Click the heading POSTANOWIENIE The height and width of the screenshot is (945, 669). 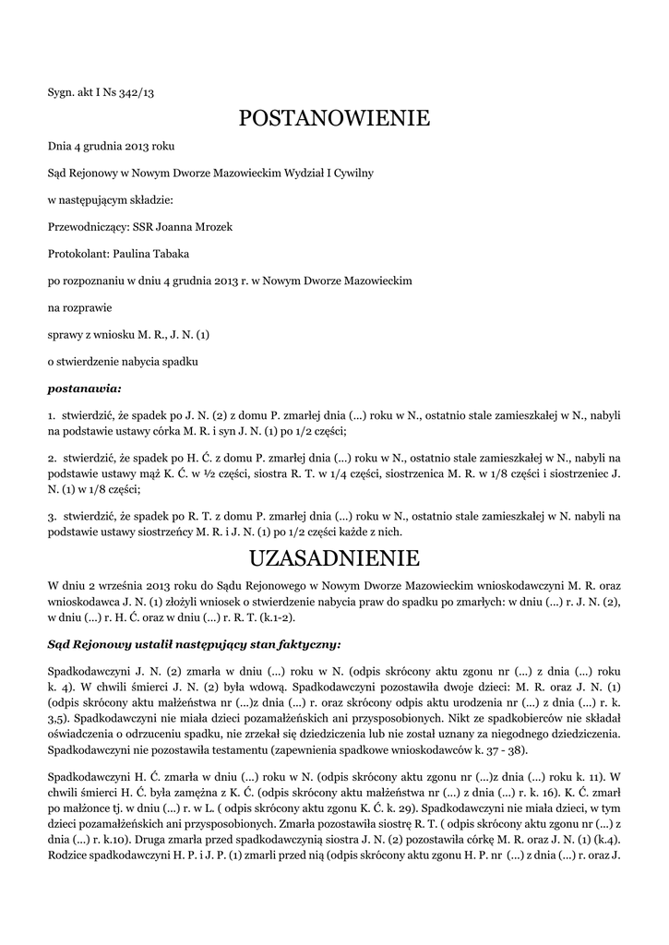tap(334, 118)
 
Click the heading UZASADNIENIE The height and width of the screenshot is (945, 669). tap(334, 558)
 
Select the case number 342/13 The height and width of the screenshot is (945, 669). tap(137, 92)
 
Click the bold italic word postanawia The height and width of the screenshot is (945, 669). tap(81, 388)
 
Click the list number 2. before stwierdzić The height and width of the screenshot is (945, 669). tap(52, 457)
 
